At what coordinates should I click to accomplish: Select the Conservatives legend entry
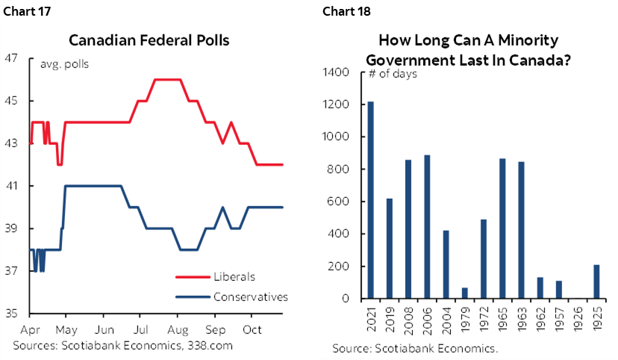coord(250,297)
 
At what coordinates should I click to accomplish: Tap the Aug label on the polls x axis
coord(177,329)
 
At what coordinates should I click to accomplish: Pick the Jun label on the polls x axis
coord(104,329)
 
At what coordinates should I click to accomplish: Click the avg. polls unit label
coord(63,64)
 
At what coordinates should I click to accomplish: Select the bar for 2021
coord(371,200)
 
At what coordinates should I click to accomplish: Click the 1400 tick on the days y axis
coord(337,72)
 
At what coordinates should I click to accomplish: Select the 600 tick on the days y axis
coord(340,202)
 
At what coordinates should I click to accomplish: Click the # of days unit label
coord(393,74)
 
